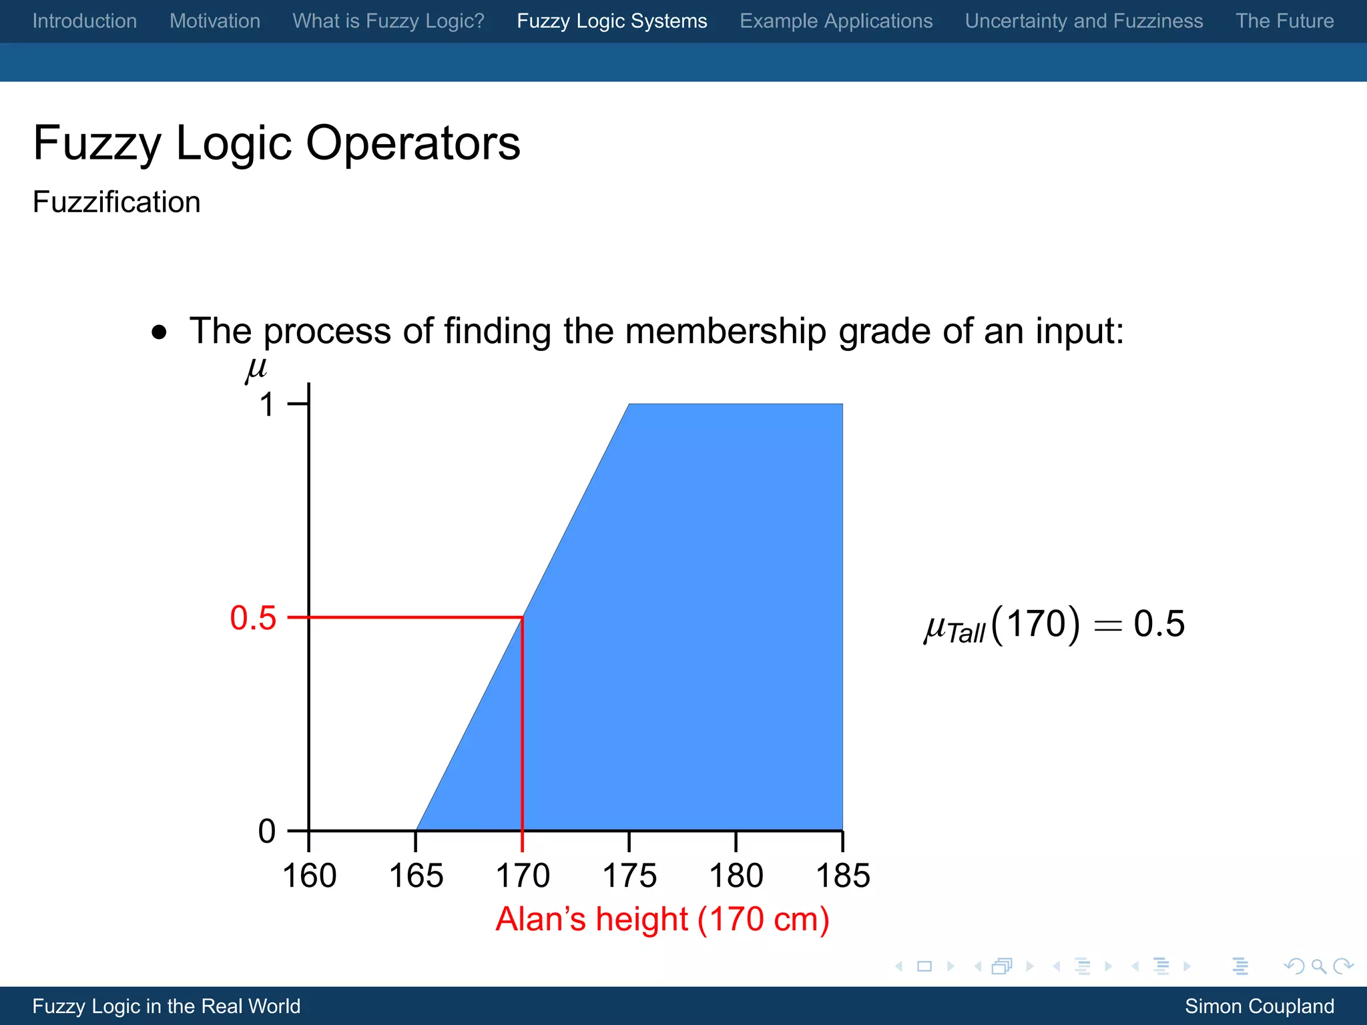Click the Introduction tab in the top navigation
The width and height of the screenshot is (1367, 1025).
[x=85, y=21]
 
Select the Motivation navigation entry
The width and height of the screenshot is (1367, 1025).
[x=215, y=21]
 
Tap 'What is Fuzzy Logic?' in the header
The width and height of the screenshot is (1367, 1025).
[x=388, y=21]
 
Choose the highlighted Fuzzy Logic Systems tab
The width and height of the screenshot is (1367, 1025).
[x=612, y=21]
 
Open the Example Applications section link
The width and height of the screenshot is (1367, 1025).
[x=836, y=21]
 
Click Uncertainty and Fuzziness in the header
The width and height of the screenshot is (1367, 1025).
[x=1084, y=21]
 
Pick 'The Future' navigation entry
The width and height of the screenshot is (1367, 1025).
[x=1284, y=21]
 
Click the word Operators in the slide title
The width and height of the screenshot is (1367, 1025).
[x=413, y=143]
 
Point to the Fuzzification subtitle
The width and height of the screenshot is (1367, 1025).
[x=117, y=202]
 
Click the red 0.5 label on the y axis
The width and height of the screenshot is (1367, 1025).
[x=253, y=618]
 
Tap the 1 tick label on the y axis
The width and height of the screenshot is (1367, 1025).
[x=267, y=404]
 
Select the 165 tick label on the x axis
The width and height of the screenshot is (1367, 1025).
[x=416, y=876]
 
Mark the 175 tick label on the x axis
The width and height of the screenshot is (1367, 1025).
[x=629, y=876]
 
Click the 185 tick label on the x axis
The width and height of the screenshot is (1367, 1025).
[x=843, y=876]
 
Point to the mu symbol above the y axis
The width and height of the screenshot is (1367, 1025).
[x=256, y=369]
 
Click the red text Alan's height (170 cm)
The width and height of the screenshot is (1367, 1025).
[x=662, y=919]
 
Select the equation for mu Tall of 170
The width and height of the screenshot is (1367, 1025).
[x=1055, y=625]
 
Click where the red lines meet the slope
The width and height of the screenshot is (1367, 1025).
[x=522, y=618]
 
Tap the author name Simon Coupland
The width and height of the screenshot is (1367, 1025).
[x=1259, y=1006]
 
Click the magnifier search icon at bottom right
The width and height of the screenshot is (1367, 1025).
[x=1318, y=966]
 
